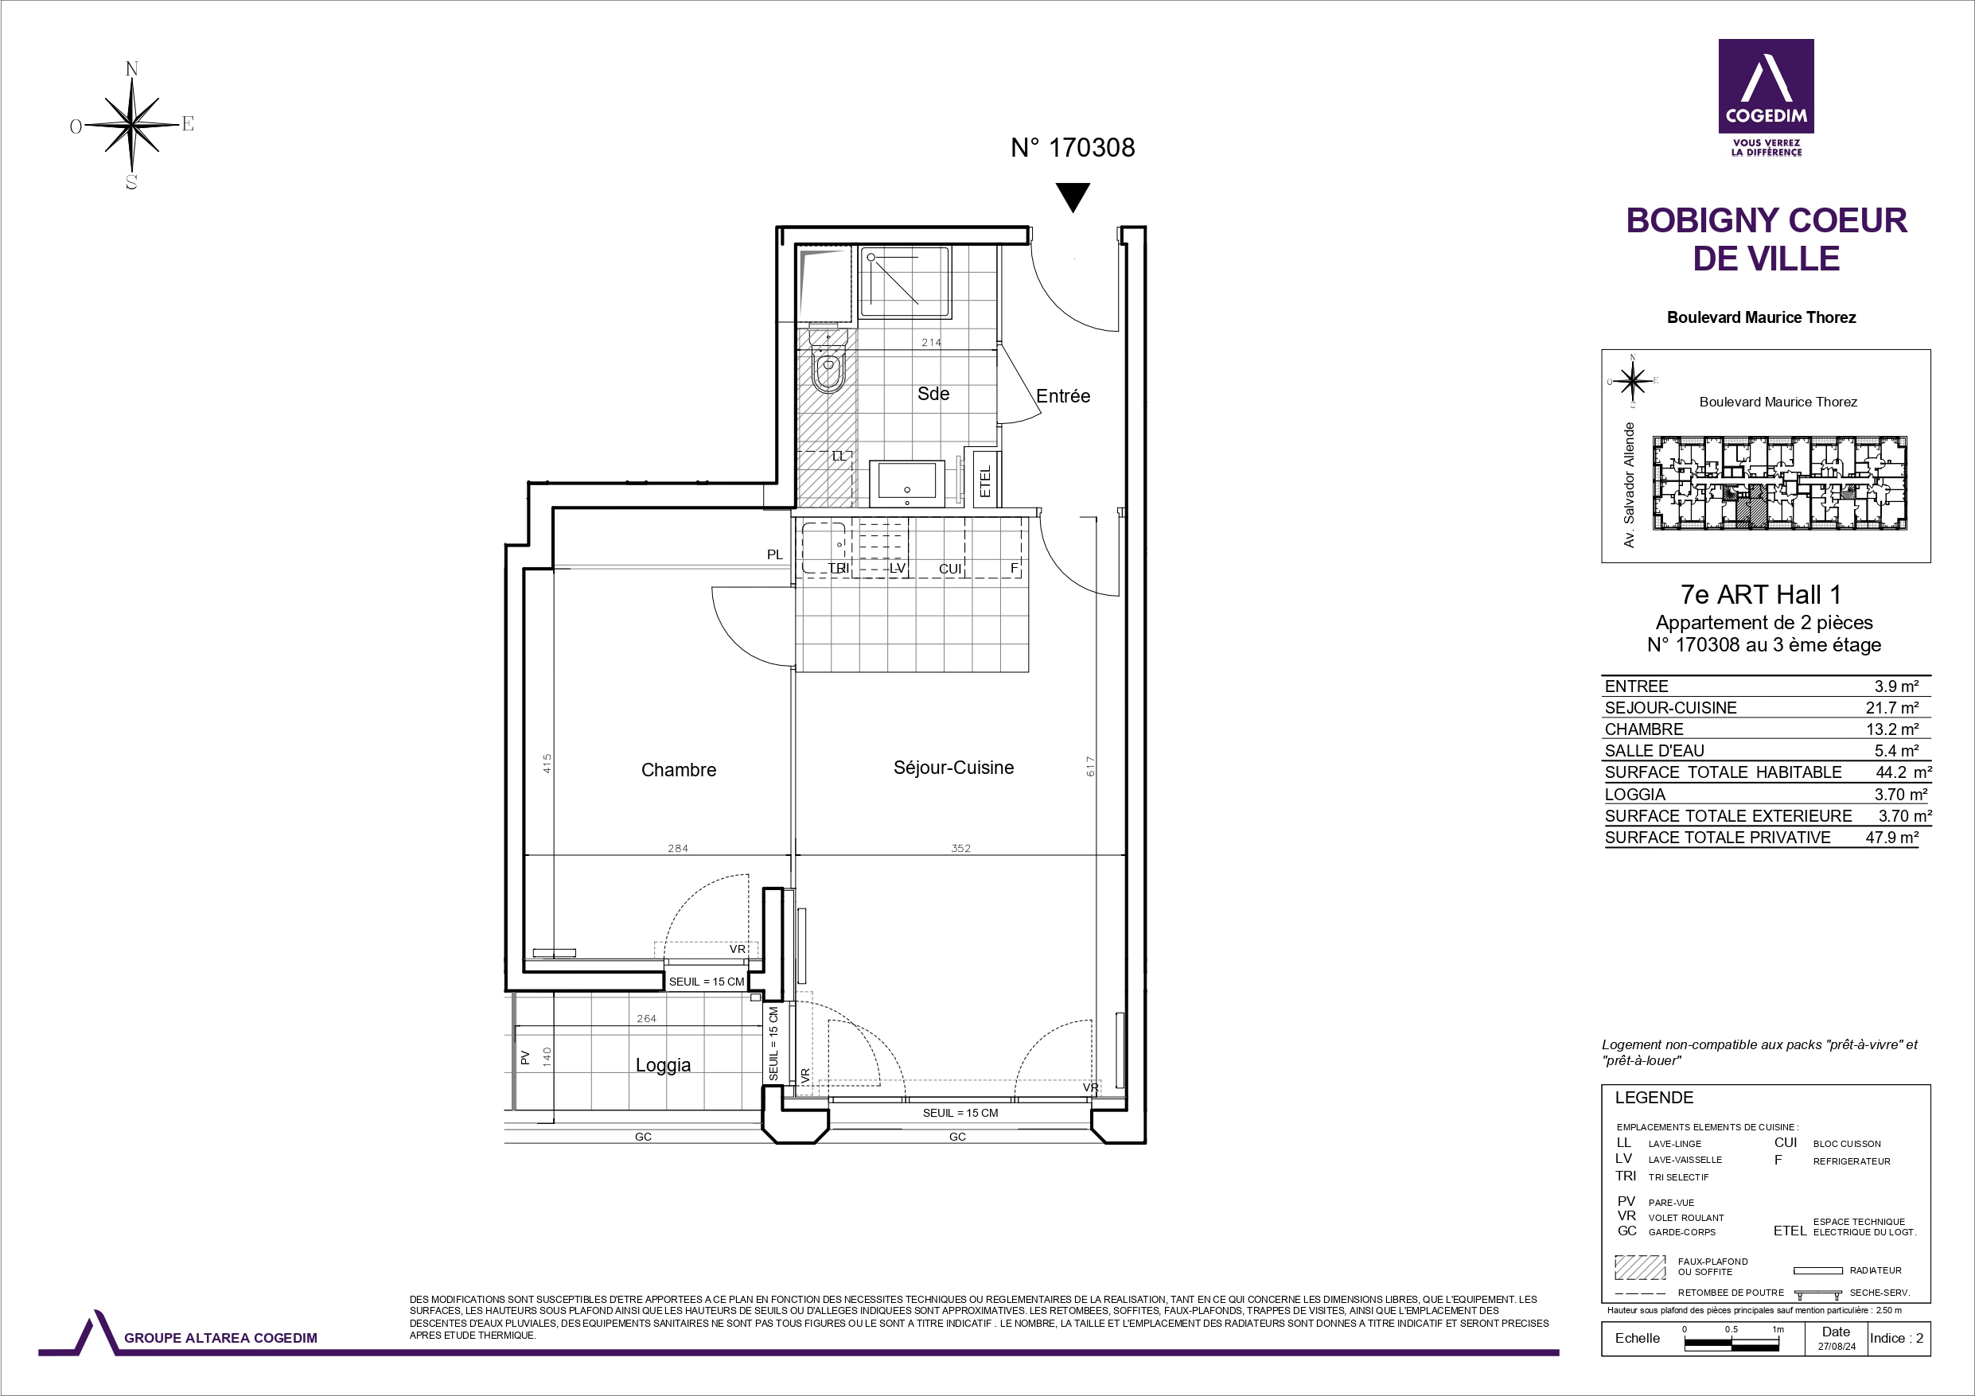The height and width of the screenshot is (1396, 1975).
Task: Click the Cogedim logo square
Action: (x=1766, y=86)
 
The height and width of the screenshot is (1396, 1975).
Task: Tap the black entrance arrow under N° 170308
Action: (x=1073, y=197)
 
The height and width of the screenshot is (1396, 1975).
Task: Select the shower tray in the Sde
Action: (x=905, y=282)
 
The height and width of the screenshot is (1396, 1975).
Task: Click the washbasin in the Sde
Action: (x=906, y=484)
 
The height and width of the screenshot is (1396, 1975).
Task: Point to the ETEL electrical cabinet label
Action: (x=986, y=480)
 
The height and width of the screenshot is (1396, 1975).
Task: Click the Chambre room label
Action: (x=679, y=770)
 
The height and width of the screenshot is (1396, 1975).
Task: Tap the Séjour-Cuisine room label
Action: (x=954, y=768)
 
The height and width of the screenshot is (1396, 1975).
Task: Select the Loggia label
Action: (x=663, y=1065)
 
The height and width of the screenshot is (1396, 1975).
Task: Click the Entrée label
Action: (x=1063, y=395)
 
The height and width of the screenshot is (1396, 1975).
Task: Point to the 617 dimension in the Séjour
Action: (x=1090, y=766)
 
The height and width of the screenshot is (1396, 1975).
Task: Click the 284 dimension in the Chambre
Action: (x=678, y=848)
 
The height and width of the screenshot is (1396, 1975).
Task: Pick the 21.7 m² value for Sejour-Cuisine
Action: (x=1892, y=708)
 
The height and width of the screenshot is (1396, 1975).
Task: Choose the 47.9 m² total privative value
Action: (x=1892, y=838)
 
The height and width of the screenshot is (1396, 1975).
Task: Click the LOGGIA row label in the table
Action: (x=1635, y=795)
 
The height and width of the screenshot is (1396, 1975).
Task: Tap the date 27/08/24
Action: (x=1837, y=1347)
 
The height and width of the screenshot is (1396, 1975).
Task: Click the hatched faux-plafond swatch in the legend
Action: (x=1640, y=1267)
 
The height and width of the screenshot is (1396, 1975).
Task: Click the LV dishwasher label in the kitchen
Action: (x=897, y=569)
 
